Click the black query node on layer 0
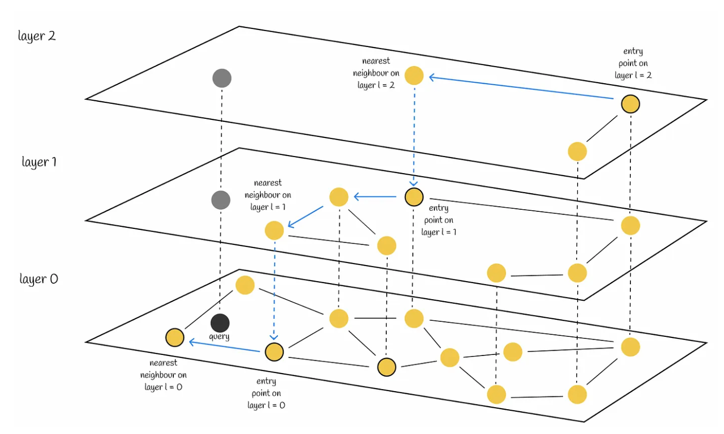(x=220, y=323)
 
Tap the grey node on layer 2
(x=222, y=78)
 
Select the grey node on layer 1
(x=221, y=199)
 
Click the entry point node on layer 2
(x=630, y=104)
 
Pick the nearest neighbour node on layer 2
(x=414, y=76)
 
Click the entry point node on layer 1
(x=414, y=196)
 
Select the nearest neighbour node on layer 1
(x=274, y=230)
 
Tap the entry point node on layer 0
(x=274, y=352)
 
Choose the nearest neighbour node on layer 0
(x=175, y=337)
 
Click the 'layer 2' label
(x=37, y=37)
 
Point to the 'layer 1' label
(x=39, y=162)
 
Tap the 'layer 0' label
(x=39, y=280)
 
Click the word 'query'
(x=219, y=336)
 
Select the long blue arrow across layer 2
(x=522, y=88)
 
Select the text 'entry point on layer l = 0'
(x=266, y=393)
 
